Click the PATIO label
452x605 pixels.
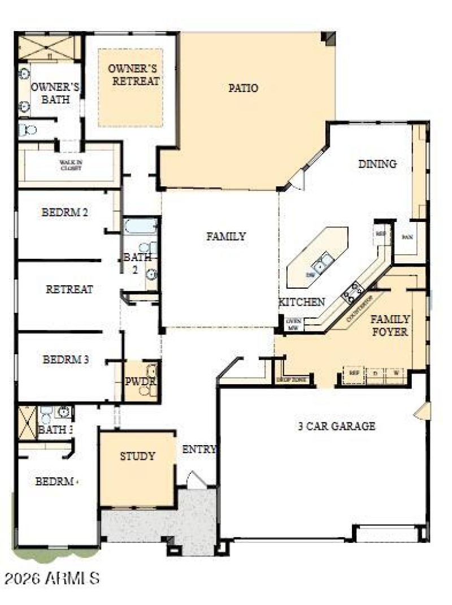244,88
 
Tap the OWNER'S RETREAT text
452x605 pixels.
134,75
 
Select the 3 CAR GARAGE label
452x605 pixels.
336,426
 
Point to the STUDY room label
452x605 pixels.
137,456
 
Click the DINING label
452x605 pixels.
377,164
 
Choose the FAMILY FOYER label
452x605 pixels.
389,325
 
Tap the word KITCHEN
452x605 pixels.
302,302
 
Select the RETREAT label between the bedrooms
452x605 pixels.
69,289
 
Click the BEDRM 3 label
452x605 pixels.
66,359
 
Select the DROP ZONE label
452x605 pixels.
292,380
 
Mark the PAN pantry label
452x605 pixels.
407,237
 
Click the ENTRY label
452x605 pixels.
199,450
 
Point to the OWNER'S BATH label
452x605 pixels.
55,93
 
